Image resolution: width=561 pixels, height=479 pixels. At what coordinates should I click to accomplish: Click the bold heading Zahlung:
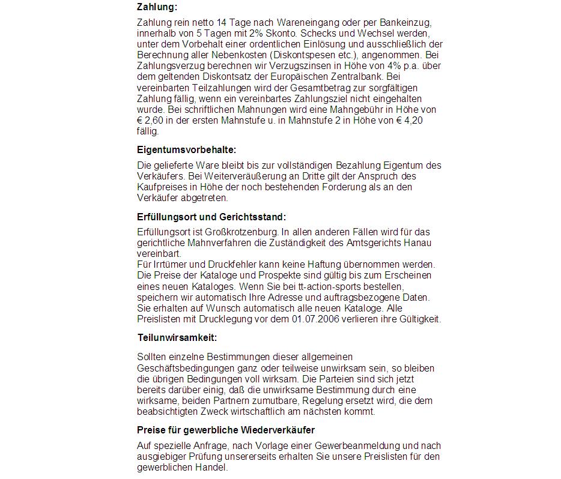pos(157,7)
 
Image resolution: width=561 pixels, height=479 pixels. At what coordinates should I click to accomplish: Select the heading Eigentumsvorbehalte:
pos(187,149)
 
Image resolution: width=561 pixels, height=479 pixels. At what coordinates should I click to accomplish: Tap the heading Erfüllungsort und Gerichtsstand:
pos(211,217)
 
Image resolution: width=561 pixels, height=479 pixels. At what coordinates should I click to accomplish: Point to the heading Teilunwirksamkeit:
pos(177,337)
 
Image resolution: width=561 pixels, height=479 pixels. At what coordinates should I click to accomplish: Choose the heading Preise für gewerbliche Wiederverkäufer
pos(226,430)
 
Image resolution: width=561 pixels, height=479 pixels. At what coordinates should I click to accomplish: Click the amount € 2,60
pos(151,121)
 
